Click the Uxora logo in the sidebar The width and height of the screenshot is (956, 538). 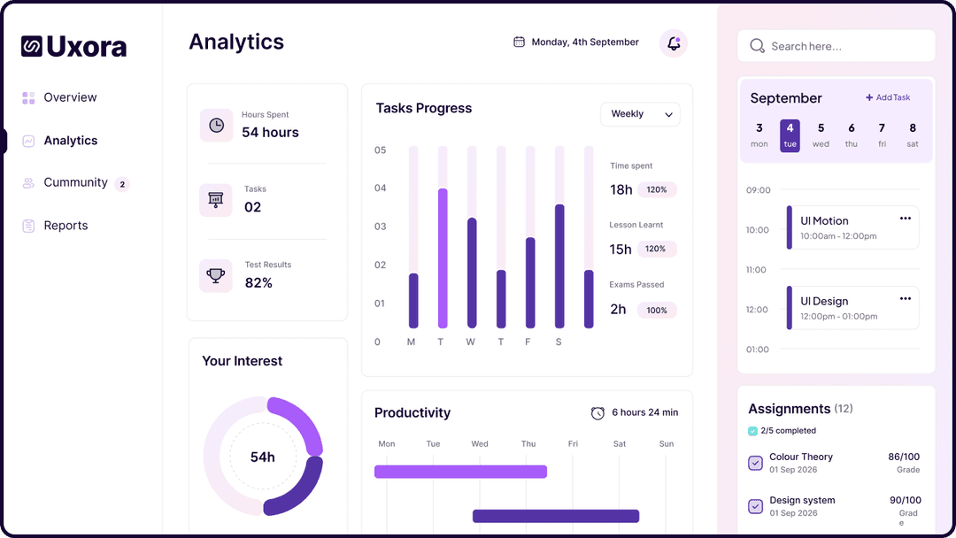73,46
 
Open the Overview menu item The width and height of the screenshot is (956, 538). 70,97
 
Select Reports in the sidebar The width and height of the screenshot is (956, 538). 66,226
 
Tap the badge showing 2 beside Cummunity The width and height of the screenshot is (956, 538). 122,184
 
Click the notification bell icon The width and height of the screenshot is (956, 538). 674,43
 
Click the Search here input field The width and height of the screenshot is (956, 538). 836,46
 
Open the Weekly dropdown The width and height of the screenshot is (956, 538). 640,114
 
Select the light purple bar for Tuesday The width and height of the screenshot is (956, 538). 443,257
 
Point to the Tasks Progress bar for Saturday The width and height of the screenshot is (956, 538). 559,265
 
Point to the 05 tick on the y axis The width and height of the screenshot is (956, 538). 381,150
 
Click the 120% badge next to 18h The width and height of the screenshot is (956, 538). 657,189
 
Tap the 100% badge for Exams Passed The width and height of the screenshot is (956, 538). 657,311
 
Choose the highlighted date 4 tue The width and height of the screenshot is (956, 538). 790,135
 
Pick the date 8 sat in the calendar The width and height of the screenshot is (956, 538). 912,135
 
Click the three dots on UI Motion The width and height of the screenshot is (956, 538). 905,219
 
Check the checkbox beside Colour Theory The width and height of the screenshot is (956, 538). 755,463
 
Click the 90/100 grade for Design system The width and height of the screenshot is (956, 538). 905,500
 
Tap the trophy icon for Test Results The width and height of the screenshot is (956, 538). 216,275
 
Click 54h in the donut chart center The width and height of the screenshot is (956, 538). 263,457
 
